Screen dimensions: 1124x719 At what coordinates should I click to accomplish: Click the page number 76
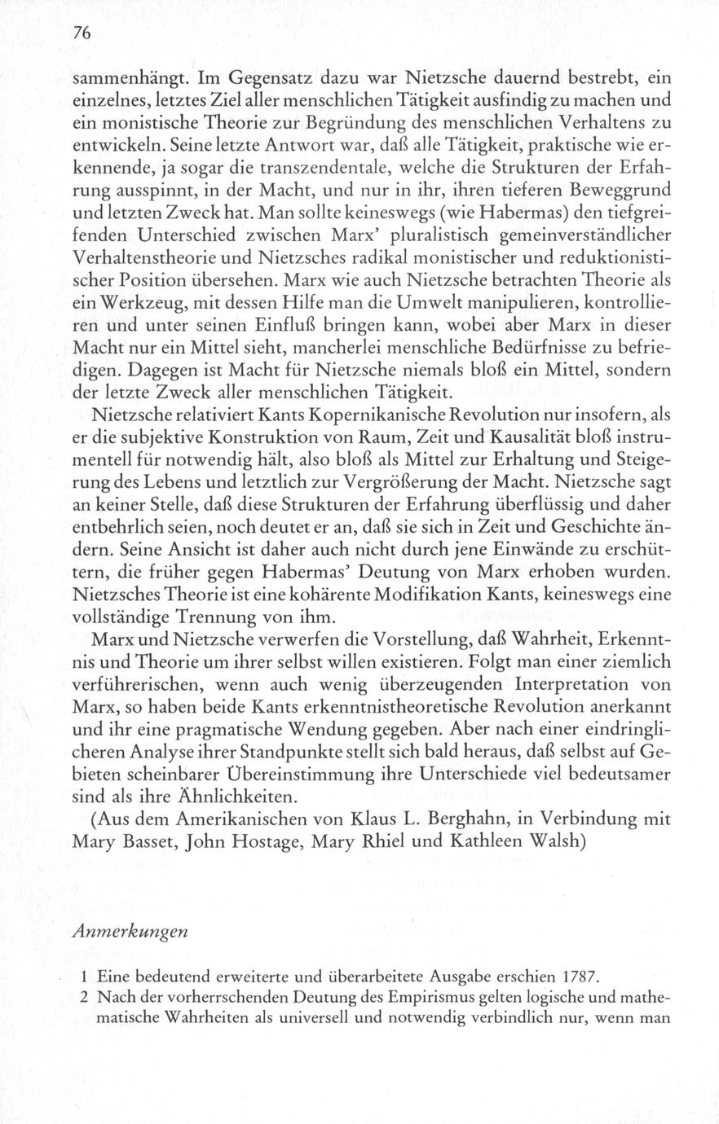pyautogui.click(x=80, y=34)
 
